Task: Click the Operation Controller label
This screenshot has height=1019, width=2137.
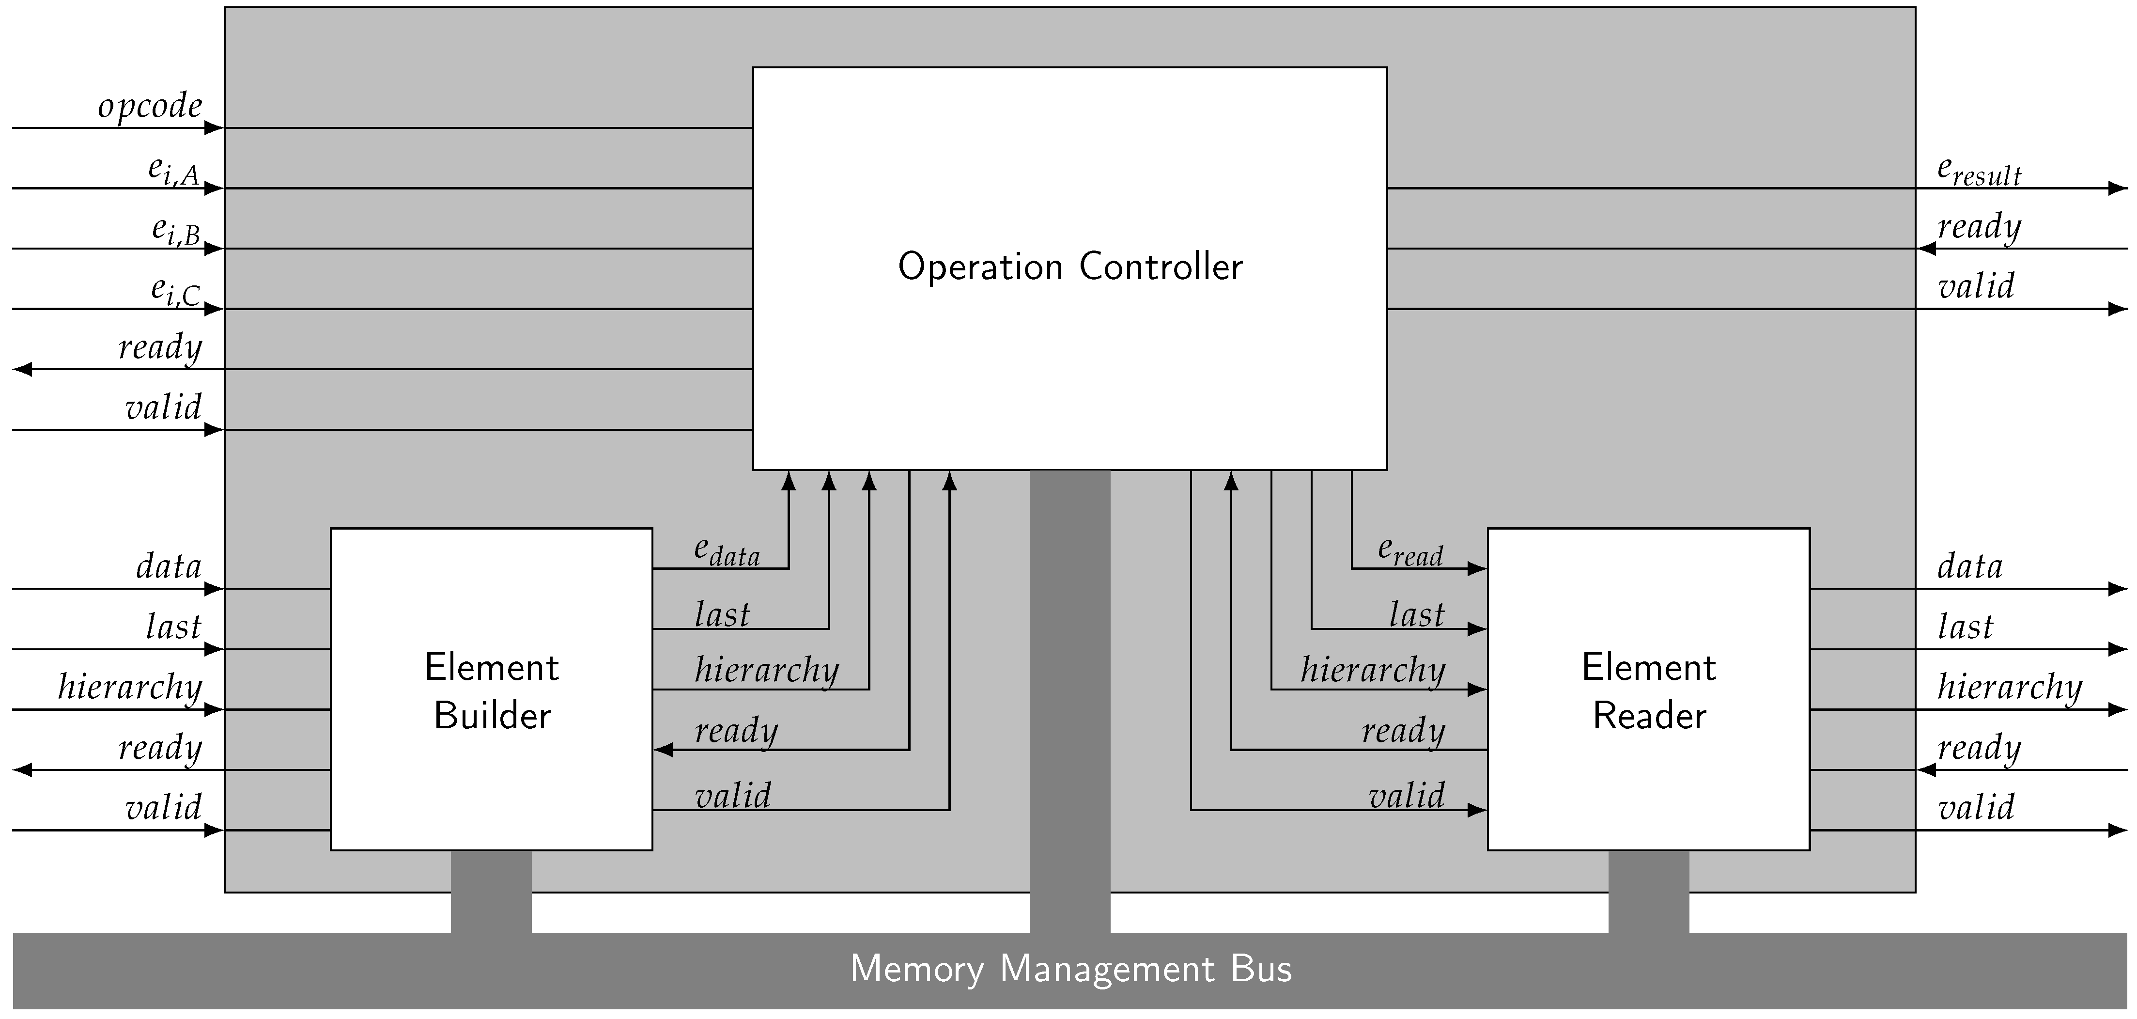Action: point(1069,267)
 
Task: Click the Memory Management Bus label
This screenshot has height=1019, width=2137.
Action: point(1070,969)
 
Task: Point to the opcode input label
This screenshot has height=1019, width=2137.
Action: point(150,106)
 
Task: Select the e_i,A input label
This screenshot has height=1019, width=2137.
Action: point(173,170)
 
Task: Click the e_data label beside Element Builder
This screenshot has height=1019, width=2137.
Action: point(727,551)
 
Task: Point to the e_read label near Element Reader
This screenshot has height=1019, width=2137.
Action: point(1410,551)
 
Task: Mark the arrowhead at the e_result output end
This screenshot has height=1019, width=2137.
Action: point(2118,188)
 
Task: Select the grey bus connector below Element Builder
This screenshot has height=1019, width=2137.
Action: point(491,891)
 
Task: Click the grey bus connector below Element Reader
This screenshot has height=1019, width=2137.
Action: point(1648,891)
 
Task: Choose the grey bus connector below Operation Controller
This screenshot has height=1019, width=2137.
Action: point(1069,701)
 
